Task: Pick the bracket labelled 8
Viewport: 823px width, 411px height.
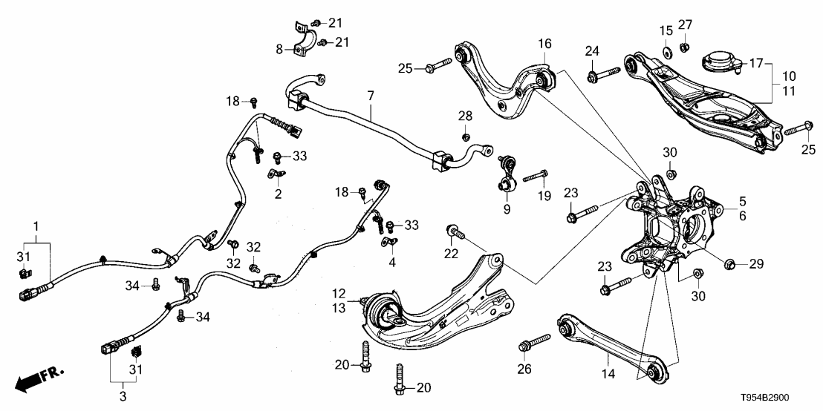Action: pos(304,43)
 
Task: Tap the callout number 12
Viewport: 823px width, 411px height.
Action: pos(339,294)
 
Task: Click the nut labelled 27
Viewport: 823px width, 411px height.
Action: pos(686,48)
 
